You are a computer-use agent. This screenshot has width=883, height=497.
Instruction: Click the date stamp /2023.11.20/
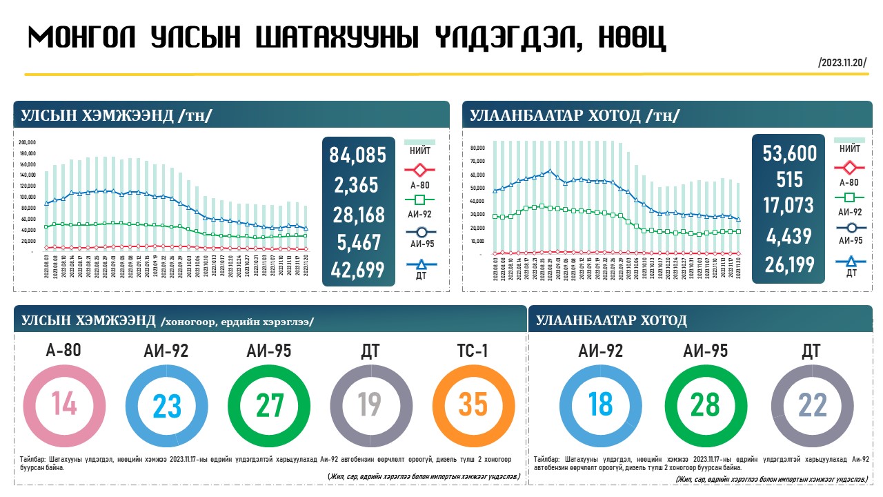[x=842, y=62]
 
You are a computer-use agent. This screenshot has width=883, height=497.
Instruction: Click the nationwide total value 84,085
[x=357, y=155]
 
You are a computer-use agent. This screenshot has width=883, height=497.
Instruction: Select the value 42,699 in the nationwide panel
[x=357, y=270]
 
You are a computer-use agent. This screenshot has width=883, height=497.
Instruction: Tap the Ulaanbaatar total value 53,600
[x=789, y=153]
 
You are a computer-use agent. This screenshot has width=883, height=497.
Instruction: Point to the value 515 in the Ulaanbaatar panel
[x=789, y=179]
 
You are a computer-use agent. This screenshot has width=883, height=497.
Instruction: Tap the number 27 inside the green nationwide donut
[x=269, y=405]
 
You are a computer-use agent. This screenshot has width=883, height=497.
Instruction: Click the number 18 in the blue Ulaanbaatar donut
[x=599, y=405]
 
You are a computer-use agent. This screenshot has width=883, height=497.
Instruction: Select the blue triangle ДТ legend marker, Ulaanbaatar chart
[x=849, y=261]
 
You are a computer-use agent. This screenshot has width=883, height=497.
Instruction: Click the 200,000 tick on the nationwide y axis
[x=28, y=142]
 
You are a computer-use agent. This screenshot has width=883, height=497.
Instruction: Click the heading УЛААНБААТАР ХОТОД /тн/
[x=575, y=115]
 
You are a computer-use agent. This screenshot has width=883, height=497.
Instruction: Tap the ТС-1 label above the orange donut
[x=473, y=351]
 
